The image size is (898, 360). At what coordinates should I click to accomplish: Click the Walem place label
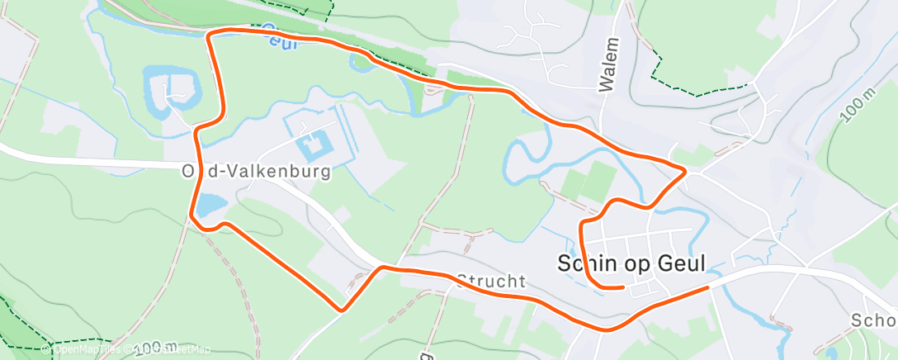pyautogui.click(x=609, y=64)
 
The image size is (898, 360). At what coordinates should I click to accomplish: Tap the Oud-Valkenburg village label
pyautogui.click(x=256, y=172)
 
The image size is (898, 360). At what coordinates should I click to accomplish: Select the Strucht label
pyautogui.click(x=491, y=282)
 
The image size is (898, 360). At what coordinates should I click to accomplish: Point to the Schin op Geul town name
pyautogui.click(x=632, y=264)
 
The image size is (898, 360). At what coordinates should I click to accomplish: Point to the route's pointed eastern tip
pyautogui.click(x=685, y=171)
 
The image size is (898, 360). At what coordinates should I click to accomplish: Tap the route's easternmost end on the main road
pyautogui.click(x=708, y=287)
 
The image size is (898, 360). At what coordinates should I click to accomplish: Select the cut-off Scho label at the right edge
pyautogui.click(x=875, y=320)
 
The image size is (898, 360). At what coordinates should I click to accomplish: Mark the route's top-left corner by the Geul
pyautogui.click(x=210, y=33)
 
